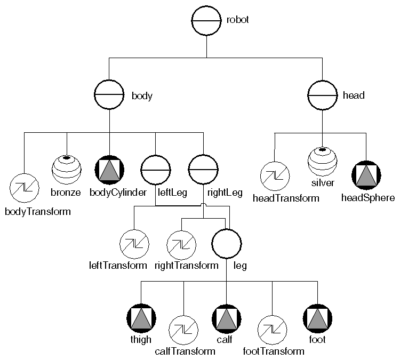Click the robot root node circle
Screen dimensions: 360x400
coord(206,21)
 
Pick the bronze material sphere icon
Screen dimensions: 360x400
coord(66,170)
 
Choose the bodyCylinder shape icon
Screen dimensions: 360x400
coord(109,170)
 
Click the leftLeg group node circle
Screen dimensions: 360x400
coord(155,170)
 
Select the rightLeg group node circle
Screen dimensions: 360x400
coord(203,170)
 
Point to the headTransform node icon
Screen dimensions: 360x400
coord(275,177)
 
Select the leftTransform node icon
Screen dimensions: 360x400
coord(134,244)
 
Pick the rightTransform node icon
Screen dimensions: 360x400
coord(181,244)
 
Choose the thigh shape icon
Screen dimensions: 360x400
coord(141,319)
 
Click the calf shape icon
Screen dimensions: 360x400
coord(227,319)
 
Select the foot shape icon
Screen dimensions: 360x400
coord(317,319)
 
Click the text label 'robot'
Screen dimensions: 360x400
coord(238,20)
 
